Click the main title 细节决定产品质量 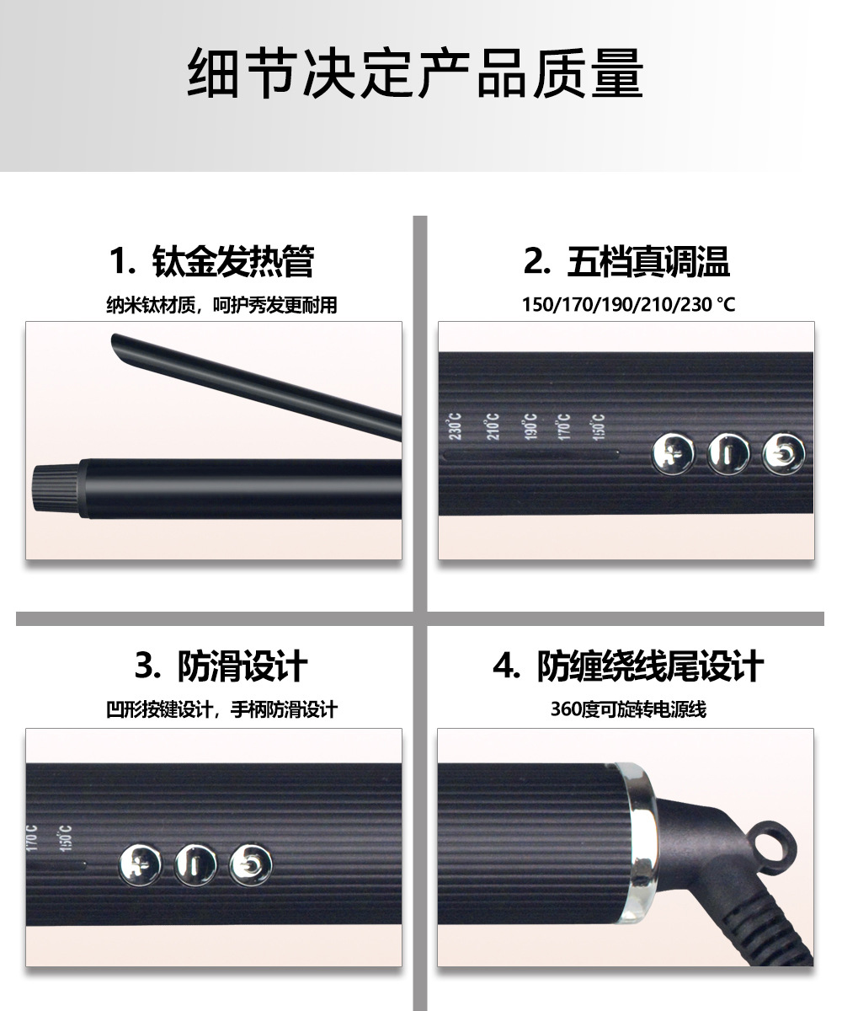[415, 73]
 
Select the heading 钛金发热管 [232, 261]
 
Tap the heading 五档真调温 [648, 261]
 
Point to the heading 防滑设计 [242, 666]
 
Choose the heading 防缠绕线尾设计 [650, 666]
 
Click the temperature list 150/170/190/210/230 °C [628, 304]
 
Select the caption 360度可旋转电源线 [628, 709]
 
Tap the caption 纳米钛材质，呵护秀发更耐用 [221, 305]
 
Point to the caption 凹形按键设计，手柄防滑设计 [221, 710]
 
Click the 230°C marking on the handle [455, 426]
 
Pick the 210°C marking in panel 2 [493, 426]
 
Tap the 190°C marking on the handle [530, 426]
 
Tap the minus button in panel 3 [195, 864]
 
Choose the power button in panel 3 [250, 864]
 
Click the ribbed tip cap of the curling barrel [56, 488]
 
